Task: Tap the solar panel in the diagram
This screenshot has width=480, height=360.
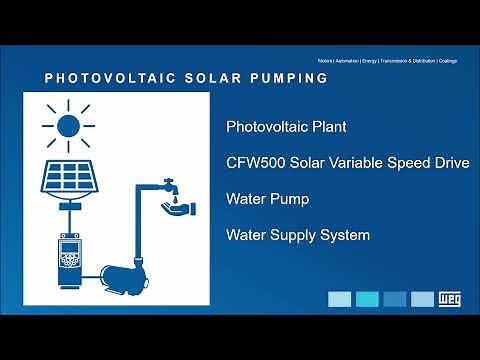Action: [68, 176]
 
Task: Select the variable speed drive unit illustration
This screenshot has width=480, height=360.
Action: [68, 257]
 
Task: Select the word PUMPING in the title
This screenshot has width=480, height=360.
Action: [288, 78]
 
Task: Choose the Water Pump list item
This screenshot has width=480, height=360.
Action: [267, 199]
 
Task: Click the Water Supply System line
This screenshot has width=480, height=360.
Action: [298, 235]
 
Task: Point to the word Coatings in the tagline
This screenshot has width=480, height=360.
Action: [447, 61]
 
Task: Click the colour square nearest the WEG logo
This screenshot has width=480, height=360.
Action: [422, 299]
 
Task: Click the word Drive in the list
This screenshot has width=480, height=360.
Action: [450, 163]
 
